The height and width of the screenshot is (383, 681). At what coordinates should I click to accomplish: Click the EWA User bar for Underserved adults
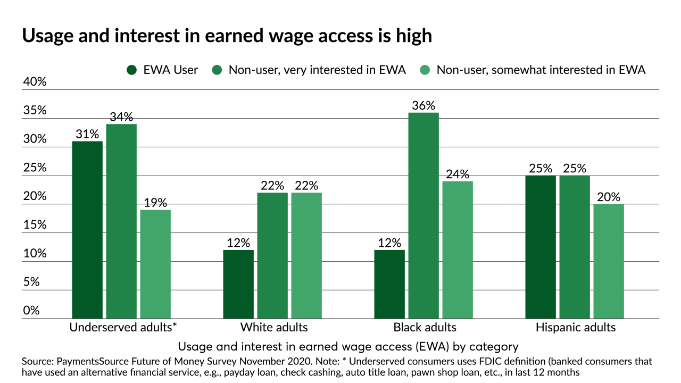(87, 230)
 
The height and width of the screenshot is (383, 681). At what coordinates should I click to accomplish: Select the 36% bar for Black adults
(423, 215)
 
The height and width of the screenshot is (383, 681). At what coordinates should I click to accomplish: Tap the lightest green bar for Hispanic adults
(609, 261)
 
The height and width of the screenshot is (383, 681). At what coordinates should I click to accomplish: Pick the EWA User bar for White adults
(238, 284)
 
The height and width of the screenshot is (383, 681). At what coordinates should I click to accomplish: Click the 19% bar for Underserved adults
(155, 264)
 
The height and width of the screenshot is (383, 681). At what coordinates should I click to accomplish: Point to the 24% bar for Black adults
(458, 249)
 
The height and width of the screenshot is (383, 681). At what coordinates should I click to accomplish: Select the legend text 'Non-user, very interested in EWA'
(317, 70)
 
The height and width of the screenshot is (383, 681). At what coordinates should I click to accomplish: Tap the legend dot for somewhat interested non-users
(425, 70)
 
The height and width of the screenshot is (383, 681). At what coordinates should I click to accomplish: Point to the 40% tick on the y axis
(34, 82)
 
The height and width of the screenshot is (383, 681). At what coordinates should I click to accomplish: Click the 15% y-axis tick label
(34, 225)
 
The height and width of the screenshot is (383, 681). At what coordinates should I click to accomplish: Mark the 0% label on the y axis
(31, 311)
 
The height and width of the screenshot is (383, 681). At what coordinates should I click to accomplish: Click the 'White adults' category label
(274, 327)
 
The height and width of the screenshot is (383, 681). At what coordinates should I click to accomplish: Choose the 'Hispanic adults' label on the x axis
(576, 327)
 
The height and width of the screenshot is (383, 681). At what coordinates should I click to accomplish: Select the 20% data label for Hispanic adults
(609, 197)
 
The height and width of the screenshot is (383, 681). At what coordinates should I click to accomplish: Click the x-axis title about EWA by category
(348, 347)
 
